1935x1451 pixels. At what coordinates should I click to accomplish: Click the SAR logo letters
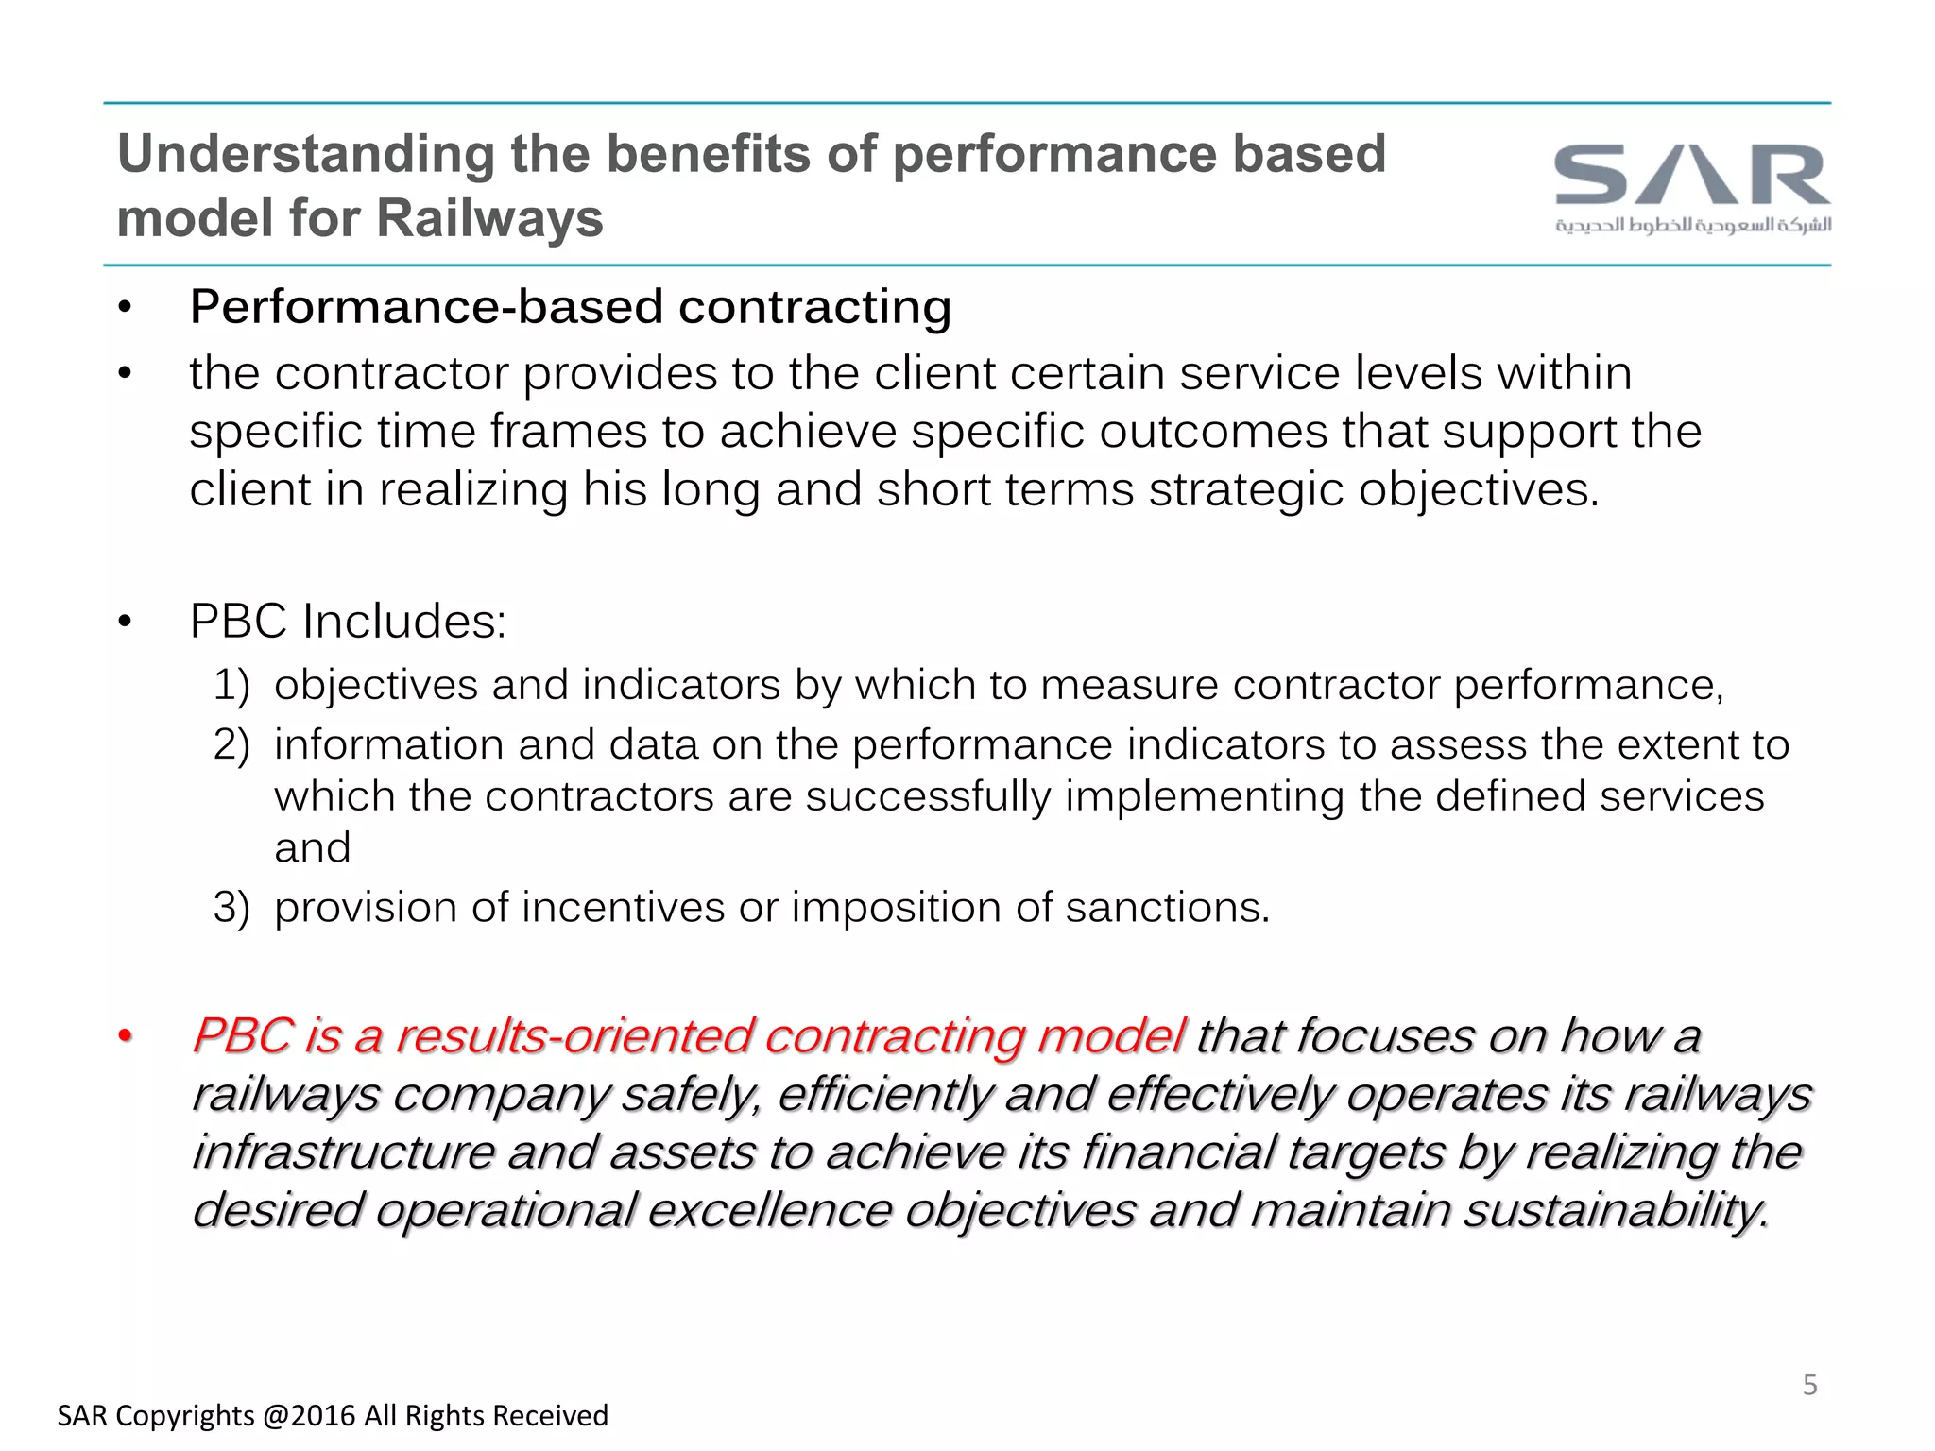1692,175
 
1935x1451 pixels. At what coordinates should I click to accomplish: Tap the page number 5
1810,1385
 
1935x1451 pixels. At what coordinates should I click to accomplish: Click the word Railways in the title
489,218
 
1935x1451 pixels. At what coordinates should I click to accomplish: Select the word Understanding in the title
305,154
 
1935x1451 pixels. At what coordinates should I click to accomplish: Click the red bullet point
125,1038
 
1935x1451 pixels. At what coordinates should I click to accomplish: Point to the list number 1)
231,685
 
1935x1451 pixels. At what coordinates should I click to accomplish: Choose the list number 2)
231,745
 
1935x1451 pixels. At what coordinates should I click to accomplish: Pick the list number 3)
231,908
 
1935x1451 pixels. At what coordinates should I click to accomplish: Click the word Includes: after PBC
404,622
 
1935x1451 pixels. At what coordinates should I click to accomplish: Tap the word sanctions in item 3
1167,908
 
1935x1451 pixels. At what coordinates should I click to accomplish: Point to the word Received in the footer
551,1416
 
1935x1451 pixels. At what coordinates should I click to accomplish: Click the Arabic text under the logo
1692,225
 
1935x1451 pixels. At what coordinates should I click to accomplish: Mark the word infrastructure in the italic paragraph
342,1153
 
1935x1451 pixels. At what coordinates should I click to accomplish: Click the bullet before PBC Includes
125,623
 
